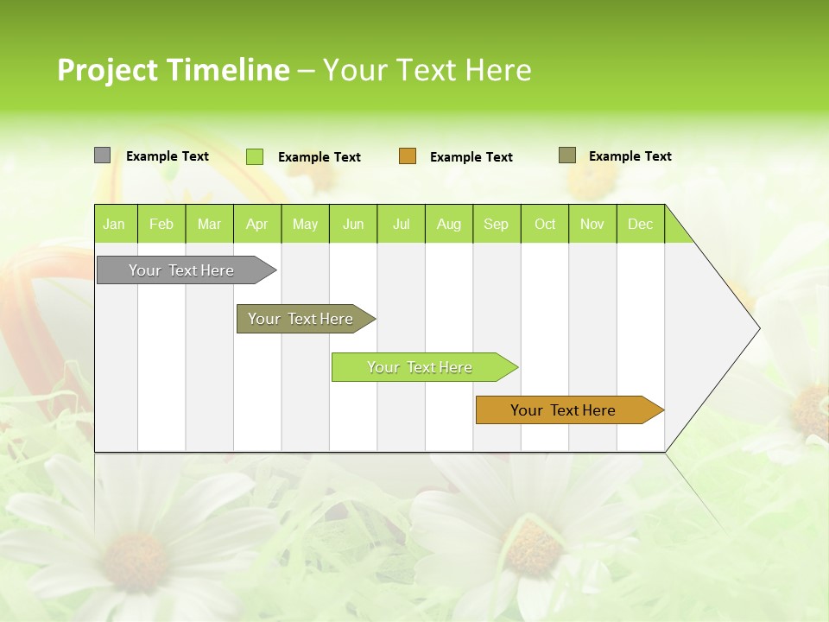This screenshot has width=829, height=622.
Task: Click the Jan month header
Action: pyautogui.click(x=114, y=224)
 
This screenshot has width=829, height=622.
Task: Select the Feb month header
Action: pyautogui.click(x=161, y=224)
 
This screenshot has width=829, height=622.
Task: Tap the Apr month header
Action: pyautogui.click(x=256, y=224)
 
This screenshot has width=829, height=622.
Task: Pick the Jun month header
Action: pyautogui.click(x=353, y=224)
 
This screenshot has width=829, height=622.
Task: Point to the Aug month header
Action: pyautogui.click(x=448, y=224)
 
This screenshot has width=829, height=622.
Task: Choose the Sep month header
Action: pyautogui.click(x=496, y=224)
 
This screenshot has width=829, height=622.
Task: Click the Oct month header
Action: pyautogui.click(x=545, y=224)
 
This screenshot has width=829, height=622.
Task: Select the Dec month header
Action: pyautogui.click(x=640, y=224)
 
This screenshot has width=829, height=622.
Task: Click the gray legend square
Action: pyautogui.click(x=102, y=155)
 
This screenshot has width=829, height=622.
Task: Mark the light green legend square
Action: pyautogui.click(x=255, y=156)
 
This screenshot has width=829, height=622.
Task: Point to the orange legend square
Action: pyautogui.click(x=408, y=156)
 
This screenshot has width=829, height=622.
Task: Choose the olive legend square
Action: pyautogui.click(x=566, y=155)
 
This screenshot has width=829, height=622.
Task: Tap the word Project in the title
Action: pyautogui.click(x=106, y=70)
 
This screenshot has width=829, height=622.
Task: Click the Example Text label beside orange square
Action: pyautogui.click(x=471, y=157)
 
